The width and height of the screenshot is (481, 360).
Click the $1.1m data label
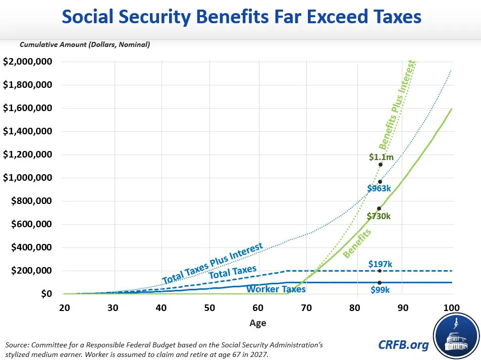pos(381,157)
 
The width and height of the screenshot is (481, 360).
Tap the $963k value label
pos(379,188)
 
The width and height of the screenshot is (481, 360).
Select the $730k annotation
pos(379,217)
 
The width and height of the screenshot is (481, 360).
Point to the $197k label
pos(381,264)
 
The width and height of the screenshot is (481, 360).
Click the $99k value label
pos(380,290)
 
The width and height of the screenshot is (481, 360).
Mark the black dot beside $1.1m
pos(381,165)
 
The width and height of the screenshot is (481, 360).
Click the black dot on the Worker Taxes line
pos(380,283)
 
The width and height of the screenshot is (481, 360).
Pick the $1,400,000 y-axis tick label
pos(28,131)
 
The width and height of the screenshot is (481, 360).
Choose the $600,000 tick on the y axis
pos(32,224)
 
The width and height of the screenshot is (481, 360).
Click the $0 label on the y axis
pos(46,294)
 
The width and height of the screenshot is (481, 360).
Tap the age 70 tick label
pos(306,308)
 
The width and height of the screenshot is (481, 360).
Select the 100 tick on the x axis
pos(451,308)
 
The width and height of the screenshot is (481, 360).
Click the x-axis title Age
pos(258,323)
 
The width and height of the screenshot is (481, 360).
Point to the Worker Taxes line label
pos(276,289)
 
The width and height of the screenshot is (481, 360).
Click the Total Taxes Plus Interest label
pos(212,264)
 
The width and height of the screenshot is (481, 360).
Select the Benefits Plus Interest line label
pos(397,105)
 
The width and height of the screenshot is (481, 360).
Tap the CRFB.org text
pos(403,345)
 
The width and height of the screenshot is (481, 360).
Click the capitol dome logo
pos(456,336)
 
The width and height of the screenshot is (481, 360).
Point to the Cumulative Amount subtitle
pos(85,44)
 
